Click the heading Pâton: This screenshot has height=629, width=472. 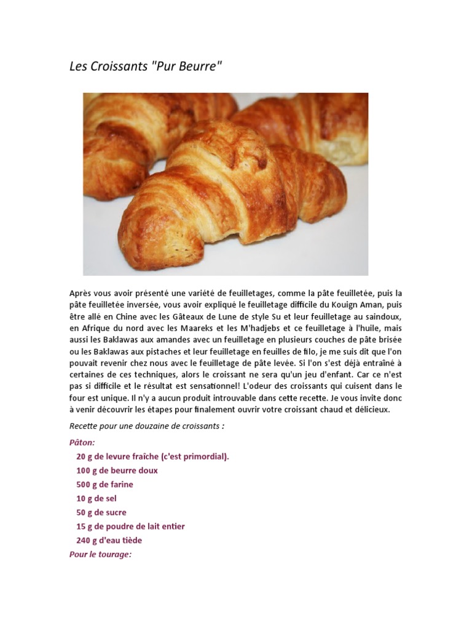coord(82,442)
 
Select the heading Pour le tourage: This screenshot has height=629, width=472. coord(101,555)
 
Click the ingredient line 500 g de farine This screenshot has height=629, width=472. coord(104,485)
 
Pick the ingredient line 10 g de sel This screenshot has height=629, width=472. coord(96,499)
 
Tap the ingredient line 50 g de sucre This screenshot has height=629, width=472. coord(101,513)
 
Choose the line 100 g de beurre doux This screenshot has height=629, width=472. coord(117,471)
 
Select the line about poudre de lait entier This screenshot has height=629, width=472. coord(130,527)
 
